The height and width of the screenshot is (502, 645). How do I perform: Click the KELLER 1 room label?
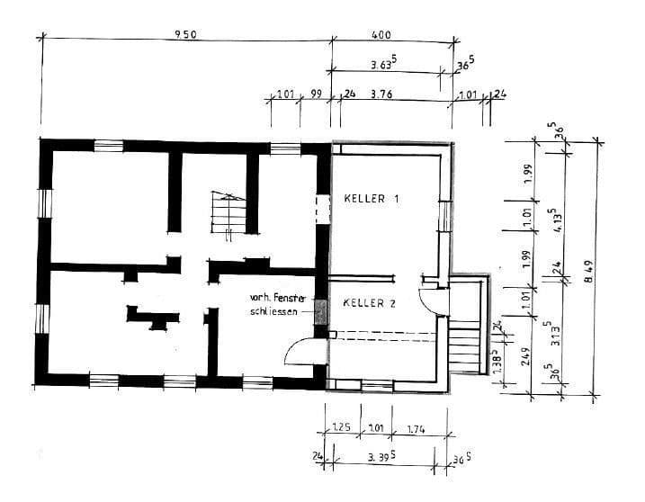click(x=371, y=198)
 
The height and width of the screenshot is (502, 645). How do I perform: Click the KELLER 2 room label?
click(x=370, y=304)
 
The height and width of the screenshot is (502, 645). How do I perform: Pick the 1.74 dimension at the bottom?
click(x=415, y=430)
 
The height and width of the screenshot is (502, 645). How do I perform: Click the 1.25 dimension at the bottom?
click(x=341, y=430)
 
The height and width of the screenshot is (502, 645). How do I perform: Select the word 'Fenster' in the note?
click(x=293, y=298)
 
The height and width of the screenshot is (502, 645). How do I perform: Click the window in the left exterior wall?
click(x=43, y=204)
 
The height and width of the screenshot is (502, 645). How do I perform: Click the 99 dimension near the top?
click(x=316, y=94)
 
